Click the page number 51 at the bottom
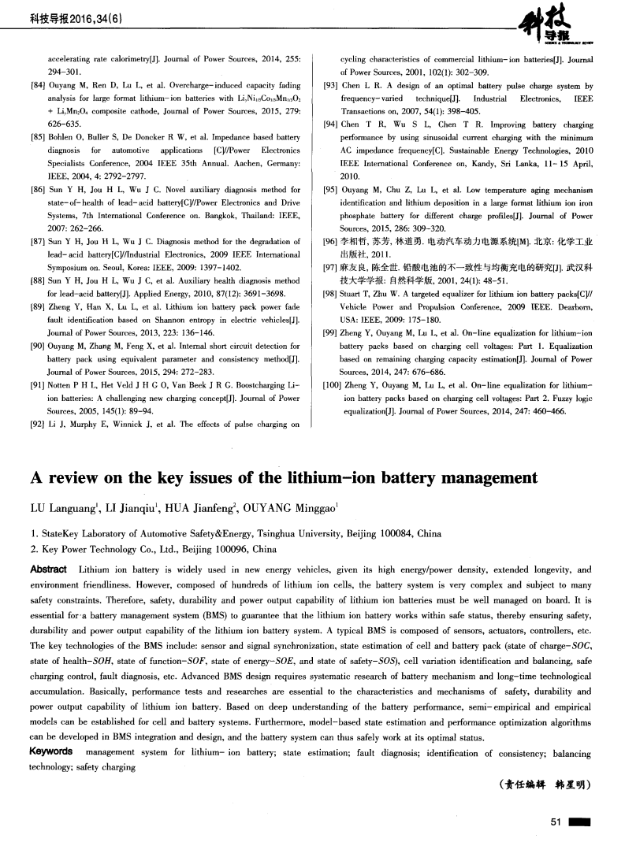click(555, 822)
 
